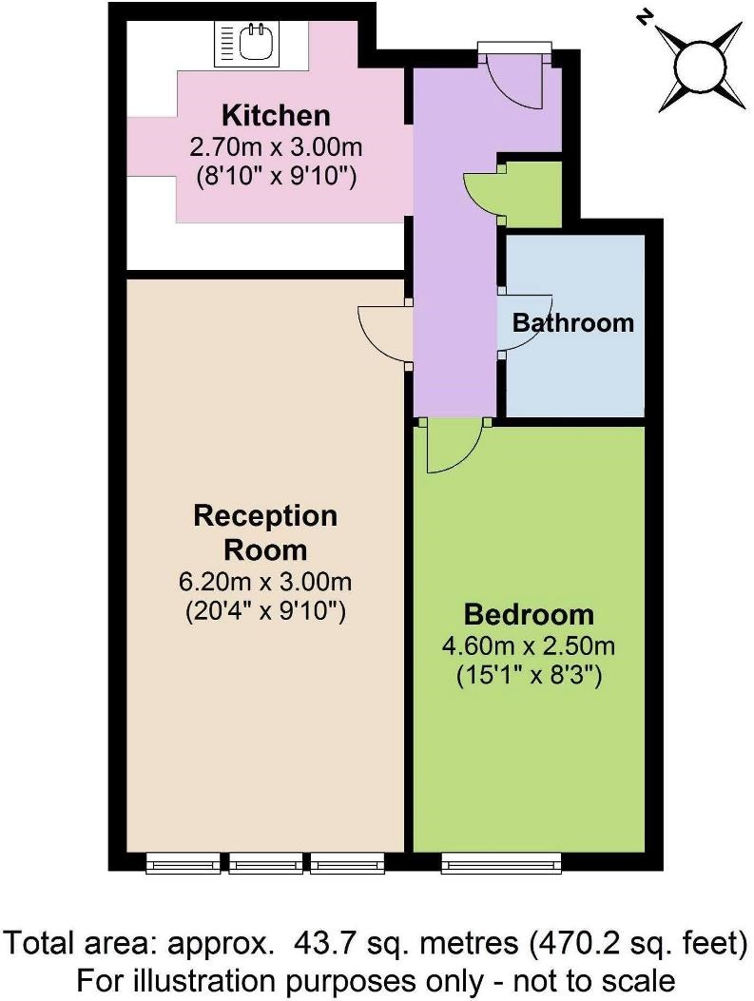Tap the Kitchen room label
click(276, 116)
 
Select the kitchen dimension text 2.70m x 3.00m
click(276, 146)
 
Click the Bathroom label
click(572, 322)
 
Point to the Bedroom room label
click(529, 614)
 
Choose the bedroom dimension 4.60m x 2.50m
click(529, 645)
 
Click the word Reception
click(265, 516)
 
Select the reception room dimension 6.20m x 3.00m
click(265, 582)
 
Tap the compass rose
click(703, 65)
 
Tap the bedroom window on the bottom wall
click(501, 862)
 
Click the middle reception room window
click(265, 862)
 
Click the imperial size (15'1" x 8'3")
click(529, 675)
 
